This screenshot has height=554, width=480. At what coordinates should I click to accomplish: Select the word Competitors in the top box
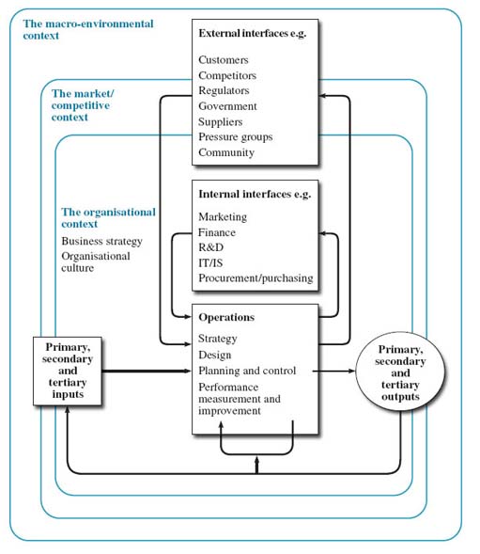pyautogui.click(x=227, y=75)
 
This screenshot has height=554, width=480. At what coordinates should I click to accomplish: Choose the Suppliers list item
pyautogui.click(x=221, y=121)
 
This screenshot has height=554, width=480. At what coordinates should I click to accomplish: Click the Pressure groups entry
pyautogui.click(x=236, y=137)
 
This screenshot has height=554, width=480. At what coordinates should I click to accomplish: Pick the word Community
pyautogui.click(x=226, y=152)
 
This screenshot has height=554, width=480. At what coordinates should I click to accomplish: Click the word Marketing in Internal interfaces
pyautogui.click(x=224, y=217)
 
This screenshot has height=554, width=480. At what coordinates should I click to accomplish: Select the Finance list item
pyautogui.click(x=217, y=232)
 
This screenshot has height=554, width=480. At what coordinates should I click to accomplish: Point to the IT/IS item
pyautogui.click(x=212, y=263)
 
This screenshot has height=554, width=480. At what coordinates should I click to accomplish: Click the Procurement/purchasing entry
pyautogui.click(x=255, y=278)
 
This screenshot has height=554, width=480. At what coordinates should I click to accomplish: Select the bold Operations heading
pyautogui.click(x=226, y=318)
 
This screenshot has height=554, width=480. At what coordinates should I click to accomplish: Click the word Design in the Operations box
pyautogui.click(x=215, y=355)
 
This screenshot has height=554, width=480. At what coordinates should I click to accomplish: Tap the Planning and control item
pyautogui.click(x=247, y=371)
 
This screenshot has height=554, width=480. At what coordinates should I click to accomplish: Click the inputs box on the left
pyautogui.click(x=67, y=370)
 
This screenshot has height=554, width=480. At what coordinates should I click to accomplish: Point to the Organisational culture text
pyautogui.click(x=96, y=261)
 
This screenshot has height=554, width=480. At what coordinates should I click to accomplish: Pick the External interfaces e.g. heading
pyautogui.click(x=254, y=34)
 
